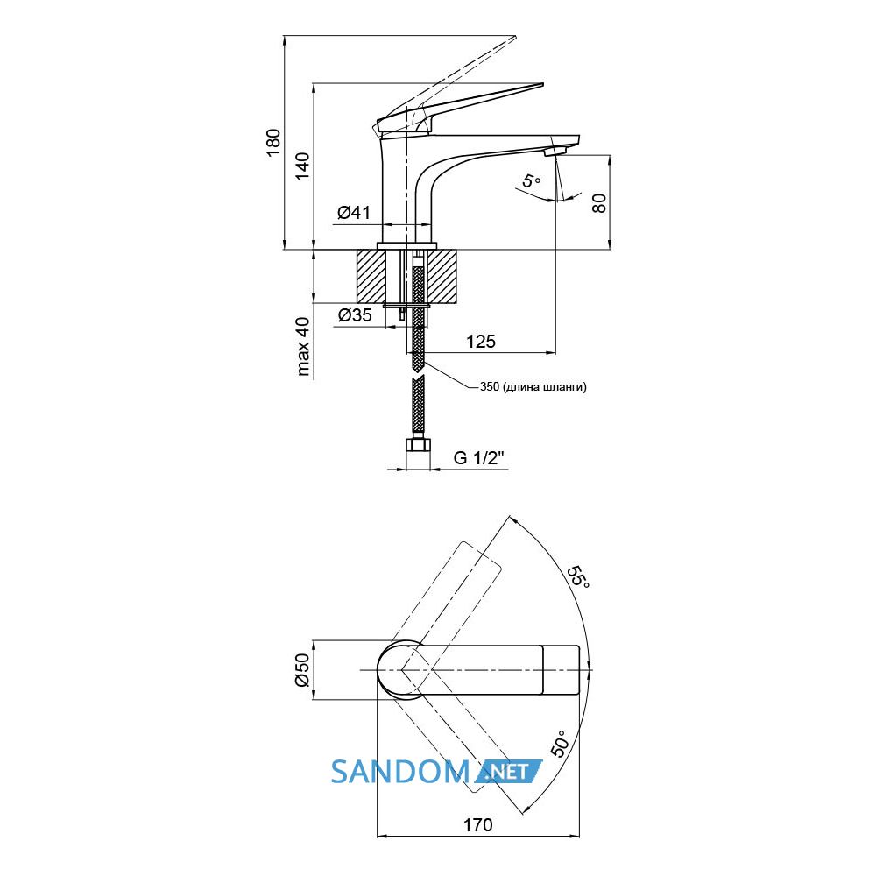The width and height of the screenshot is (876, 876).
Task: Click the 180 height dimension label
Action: tap(273, 143)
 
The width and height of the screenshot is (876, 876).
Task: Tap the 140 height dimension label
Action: tap(302, 166)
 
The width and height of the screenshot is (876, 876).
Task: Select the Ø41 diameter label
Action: tap(354, 212)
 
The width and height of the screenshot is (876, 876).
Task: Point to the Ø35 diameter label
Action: tap(355, 315)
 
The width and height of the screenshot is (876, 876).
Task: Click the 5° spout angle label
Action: tap(532, 181)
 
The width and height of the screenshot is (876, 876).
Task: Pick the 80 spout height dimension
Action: tap(598, 203)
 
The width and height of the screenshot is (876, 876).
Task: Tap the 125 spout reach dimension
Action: tap(480, 341)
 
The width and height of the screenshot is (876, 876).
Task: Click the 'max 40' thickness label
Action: tap(302, 346)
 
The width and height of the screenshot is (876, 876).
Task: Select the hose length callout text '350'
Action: tap(490, 386)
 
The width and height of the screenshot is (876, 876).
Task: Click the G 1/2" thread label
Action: tap(479, 457)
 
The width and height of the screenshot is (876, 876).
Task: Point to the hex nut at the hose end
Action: tap(418, 446)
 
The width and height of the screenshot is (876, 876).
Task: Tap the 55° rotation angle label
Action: tap(578, 577)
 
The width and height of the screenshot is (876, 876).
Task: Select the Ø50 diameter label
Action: tap(301, 669)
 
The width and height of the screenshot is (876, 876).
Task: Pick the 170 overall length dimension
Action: tap(478, 824)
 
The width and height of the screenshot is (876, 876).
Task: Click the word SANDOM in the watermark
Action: tap(399, 772)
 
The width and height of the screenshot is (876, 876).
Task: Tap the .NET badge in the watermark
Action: tap(508, 772)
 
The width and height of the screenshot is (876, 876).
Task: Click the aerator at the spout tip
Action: tap(556, 152)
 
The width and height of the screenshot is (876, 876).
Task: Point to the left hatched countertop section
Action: tap(371, 277)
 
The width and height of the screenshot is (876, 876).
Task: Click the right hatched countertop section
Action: tap(443, 277)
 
